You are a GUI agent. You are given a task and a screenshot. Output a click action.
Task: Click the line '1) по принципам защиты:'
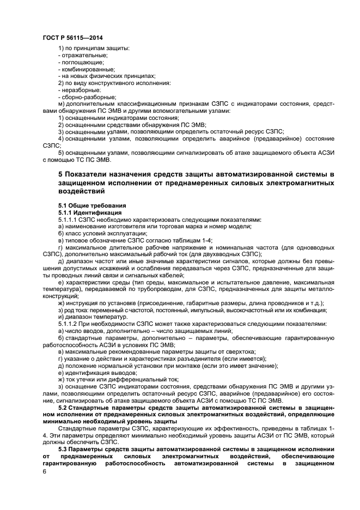93,48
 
